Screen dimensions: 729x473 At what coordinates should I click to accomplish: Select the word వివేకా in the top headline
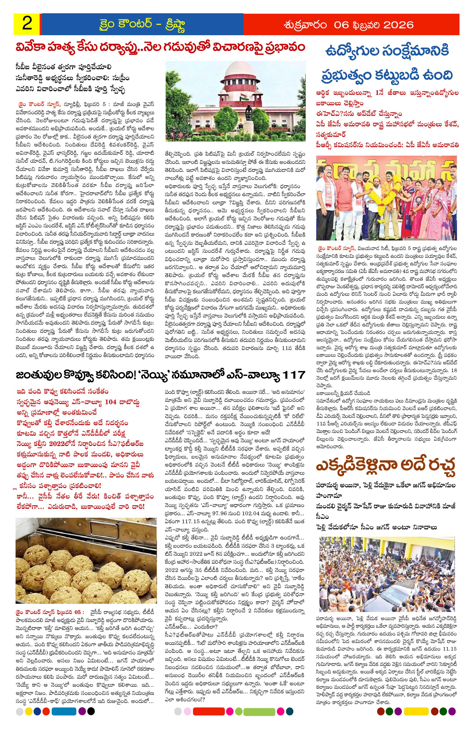tap(33, 48)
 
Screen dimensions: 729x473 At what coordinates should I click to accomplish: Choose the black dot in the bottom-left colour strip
tap(91, 718)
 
